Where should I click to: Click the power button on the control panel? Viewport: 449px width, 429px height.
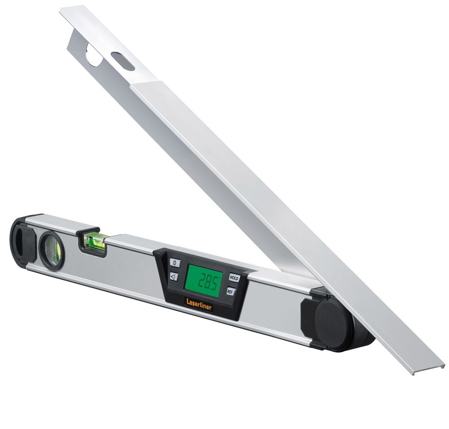[x=175, y=263]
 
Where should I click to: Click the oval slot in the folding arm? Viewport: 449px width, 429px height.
[x=123, y=61]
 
